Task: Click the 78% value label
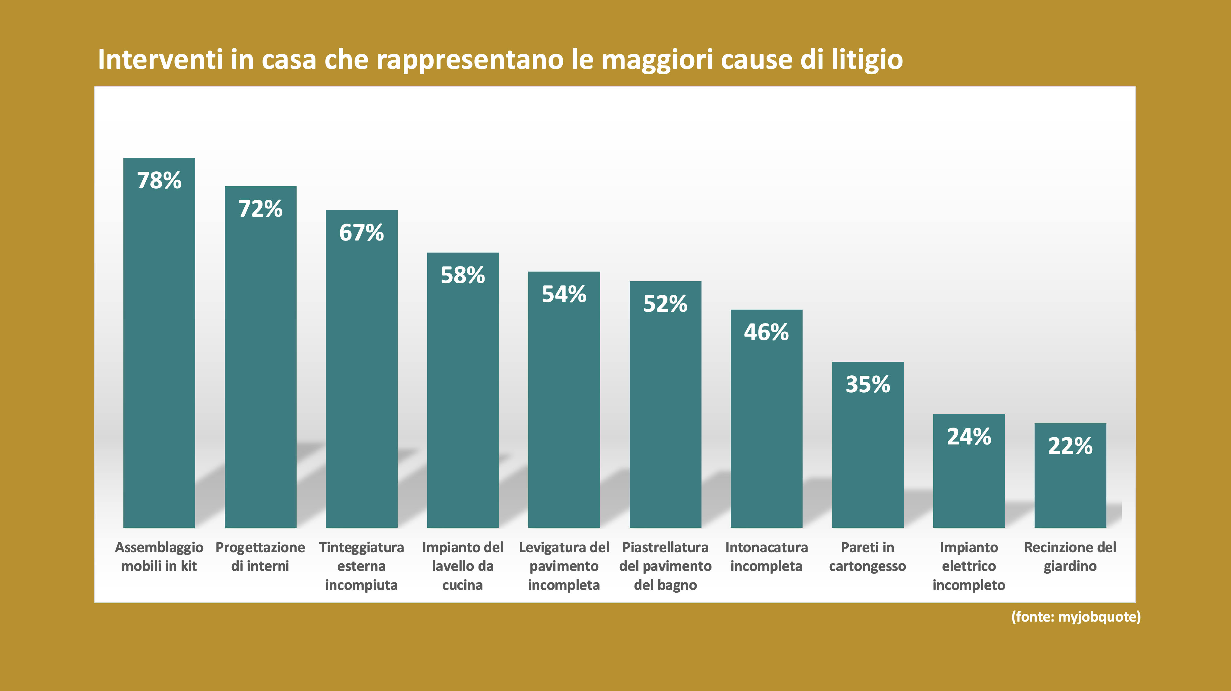pyautogui.click(x=159, y=181)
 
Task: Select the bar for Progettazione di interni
pyautogui.click(x=260, y=363)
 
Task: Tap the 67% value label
pyautogui.click(x=361, y=233)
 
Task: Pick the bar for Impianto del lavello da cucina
pyautogui.click(x=463, y=396)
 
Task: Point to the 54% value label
pyautogui.click(x=564, y=294)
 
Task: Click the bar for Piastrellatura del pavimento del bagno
pyautogui.click(x=665, y=411)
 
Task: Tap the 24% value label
pyautogui.click(x=969, y=436)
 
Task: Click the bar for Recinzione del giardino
pyautogui.click(x=1070, y=483)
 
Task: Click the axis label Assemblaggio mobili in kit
pyautogui.click(x=159, y=557)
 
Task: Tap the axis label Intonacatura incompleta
pyautogui.click(x=766, y=557)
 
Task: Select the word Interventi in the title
pyautogui.click(x=160, y=60)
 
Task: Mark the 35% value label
pyautogui.click(x=867, y=384)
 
